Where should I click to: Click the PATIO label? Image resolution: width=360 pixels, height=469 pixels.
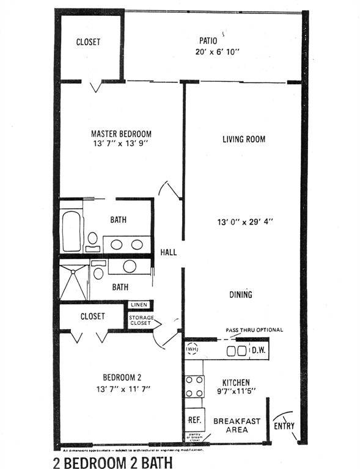(208, 41)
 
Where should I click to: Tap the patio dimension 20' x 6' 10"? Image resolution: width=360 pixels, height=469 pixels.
(213, 53)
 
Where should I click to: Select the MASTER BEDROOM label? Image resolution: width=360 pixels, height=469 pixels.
(121, 134)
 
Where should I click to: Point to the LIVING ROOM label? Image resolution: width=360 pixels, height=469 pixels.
(243, 139)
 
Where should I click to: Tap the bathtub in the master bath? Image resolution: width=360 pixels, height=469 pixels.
(72, 231)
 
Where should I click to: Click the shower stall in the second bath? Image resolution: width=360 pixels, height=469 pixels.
(73, 279)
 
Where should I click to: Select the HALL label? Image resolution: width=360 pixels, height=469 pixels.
(169, 252)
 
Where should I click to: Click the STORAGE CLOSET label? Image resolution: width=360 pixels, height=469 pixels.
(141, 321)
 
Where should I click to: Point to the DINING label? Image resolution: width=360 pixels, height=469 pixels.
(241, 295)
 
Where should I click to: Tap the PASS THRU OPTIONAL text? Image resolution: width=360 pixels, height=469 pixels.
(254, 330)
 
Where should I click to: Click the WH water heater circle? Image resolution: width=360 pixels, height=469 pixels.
(193, 349)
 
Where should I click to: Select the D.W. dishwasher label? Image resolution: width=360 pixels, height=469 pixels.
(259, 351)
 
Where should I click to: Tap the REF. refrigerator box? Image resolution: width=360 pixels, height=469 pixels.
(194, 420)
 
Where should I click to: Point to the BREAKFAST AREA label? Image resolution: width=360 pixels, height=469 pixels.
(237, 425)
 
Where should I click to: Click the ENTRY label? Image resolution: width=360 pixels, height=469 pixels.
(284, 425)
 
